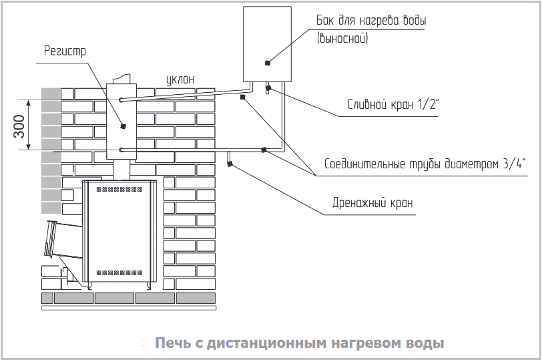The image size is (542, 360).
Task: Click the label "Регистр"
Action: point(65,51)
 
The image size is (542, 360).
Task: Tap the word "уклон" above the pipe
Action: point(180,79)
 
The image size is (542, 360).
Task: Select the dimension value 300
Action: point(19,126)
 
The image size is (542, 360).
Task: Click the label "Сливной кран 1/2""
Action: point(392,104)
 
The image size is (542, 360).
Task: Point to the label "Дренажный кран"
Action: point(372,202)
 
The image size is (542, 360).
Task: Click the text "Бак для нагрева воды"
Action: point(371,21)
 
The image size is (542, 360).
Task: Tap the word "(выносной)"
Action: point(342,37)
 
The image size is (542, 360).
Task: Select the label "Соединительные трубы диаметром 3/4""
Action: point(425,164)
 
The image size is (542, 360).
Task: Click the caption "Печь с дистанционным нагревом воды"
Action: point(299,343)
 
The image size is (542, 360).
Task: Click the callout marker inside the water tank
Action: point(267,63)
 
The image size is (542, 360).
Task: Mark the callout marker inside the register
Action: point(122,126)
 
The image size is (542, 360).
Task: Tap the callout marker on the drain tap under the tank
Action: point(268,88)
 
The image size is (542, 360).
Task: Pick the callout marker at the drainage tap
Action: point(230,164)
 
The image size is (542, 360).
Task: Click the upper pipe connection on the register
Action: point(121,100)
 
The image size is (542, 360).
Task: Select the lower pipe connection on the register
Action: point(121,150)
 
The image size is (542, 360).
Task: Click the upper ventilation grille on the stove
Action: point(119,190)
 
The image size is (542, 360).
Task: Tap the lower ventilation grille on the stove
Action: point(119,273)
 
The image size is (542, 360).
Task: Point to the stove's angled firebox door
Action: point(51,239)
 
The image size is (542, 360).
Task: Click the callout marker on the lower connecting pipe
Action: point(264,150)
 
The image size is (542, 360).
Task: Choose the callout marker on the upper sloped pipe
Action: point(243,97)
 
